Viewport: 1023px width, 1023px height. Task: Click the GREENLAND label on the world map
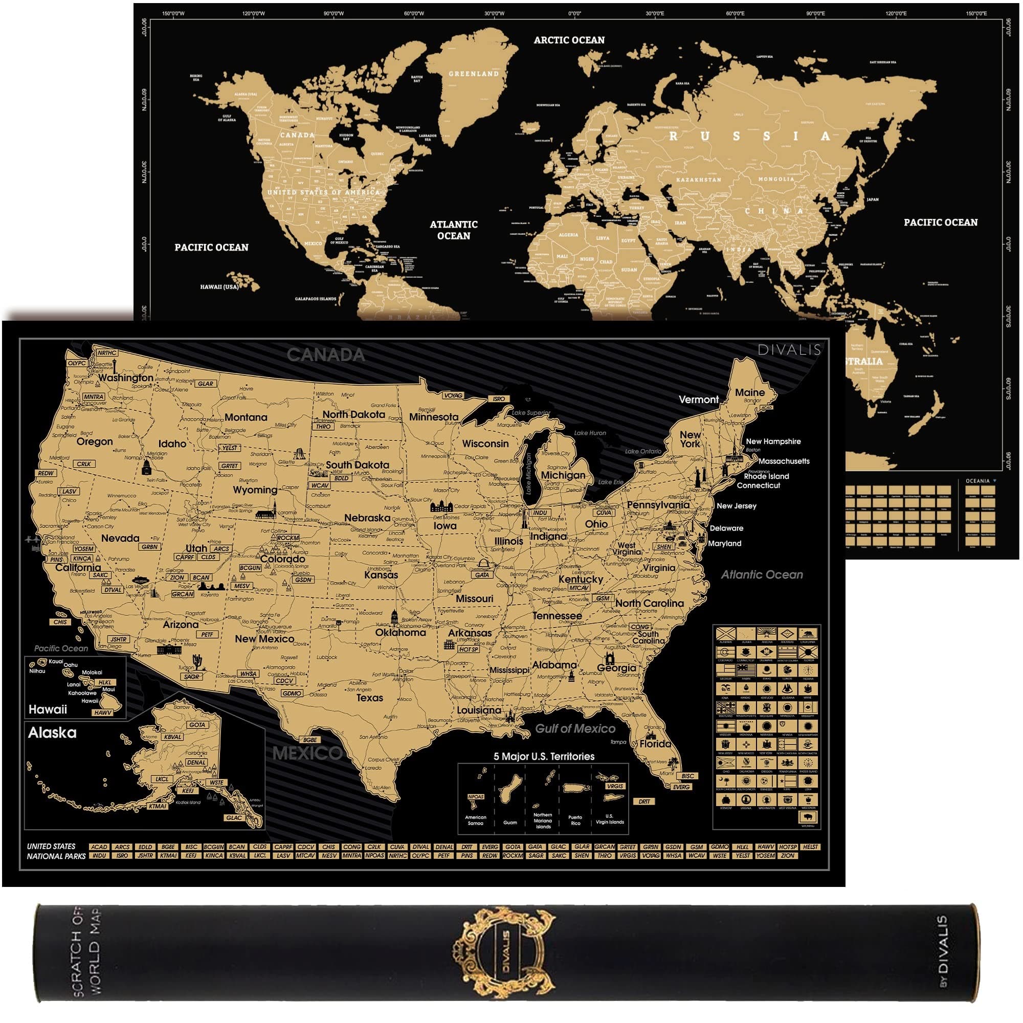[473, 74]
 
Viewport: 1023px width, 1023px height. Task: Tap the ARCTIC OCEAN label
[569, 40]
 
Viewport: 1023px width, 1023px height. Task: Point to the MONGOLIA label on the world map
[776, 179]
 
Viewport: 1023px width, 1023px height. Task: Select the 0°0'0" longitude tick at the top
[574, 14]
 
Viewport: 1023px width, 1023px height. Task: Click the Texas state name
[369, 697]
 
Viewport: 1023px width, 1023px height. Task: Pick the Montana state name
[246, 417]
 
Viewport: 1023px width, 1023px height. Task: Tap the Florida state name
[655, 743]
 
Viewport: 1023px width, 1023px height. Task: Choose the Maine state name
[749, 392]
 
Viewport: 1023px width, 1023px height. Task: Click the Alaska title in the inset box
[52, 733]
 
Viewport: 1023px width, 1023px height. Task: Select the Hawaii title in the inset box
[48, 709]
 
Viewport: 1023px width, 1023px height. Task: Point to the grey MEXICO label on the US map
[306, 753]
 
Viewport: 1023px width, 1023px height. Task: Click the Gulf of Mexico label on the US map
[575, 728]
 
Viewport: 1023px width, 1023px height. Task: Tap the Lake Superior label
[530, 412]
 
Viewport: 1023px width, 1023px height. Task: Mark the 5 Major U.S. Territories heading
[544, 756]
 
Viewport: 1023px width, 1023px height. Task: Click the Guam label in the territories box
[510, 822]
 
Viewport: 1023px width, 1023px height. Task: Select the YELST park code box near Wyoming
[230, 448]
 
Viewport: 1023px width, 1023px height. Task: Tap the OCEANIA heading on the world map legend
[977, 481]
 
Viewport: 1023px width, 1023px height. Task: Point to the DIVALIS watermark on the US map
[789, 349]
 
